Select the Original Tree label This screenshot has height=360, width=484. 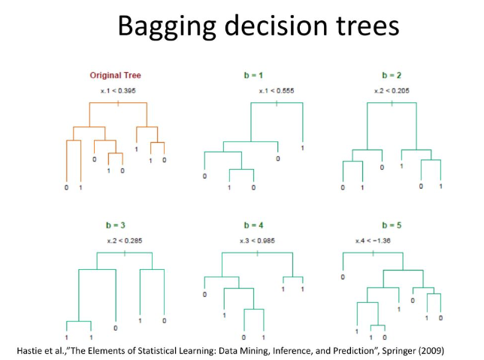click(x=115, y=75)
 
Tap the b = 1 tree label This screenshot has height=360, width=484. click(x=255, y=75)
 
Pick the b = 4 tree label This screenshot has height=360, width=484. click(x=255, y=225)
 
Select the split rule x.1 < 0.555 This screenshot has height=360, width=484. click(x=277, y=91)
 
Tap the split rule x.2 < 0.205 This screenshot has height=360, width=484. click(x=393, y=91)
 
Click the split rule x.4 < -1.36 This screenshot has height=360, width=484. click(x=374, y=241)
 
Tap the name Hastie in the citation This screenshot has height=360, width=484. click(x=30, y=351)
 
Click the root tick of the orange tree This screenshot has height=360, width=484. click(x=119, y=101)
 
